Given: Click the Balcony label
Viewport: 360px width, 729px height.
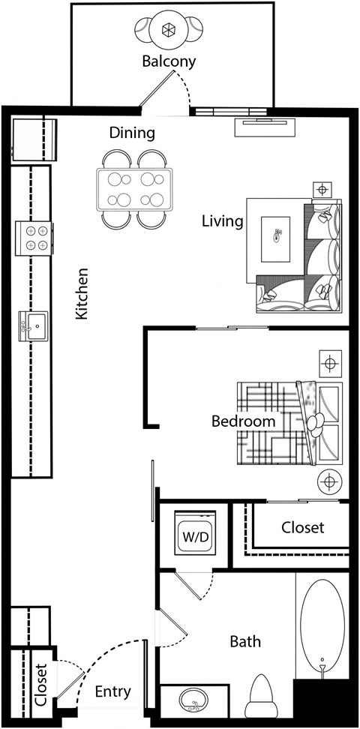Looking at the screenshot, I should pyautogui.click(x=169, y=61).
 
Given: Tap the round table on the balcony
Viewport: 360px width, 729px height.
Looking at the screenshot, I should pyautogui.click(x=169, y=31).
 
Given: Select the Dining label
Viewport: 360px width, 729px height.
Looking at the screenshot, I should pyautogui.click(x=132, y=133).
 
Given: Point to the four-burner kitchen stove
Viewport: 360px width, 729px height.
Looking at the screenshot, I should pyautogui.click(x=32, y=238).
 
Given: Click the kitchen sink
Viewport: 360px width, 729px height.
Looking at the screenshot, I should pyautogui.click(x=32, y=326).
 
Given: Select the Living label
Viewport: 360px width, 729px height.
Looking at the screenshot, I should pyautogui.click(x=223, y=221).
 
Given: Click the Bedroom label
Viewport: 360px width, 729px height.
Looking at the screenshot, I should pyautogui.click(x=243, y=421).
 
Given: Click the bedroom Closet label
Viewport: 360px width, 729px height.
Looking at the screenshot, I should pyautogui.click(x=303, y=527).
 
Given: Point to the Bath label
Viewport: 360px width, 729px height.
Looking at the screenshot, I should pyautogui.click(x=245, y=641).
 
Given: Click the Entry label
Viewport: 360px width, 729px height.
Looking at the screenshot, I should pyautogui.click(x=113, y=691).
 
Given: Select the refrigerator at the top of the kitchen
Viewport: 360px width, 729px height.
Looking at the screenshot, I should pyautogui.click(x=33, y=139).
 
